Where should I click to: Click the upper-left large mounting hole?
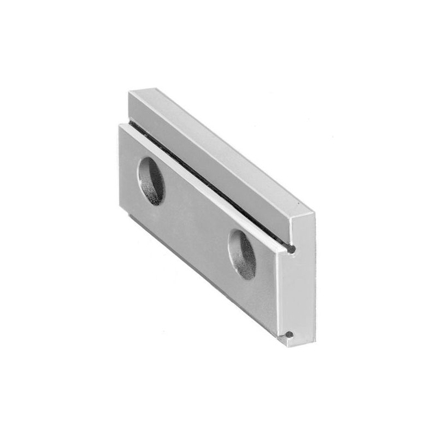tap(151, 181)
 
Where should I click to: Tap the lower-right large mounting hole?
tap(242, 254)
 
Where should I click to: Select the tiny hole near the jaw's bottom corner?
tap(289, 334)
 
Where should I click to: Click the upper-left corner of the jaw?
tap(129, 92)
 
